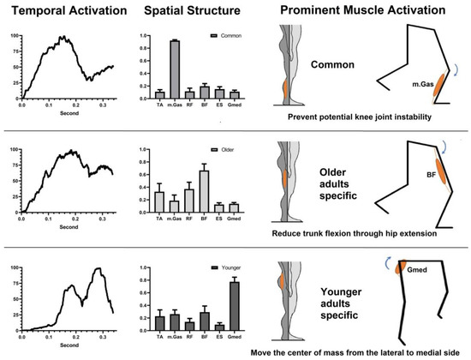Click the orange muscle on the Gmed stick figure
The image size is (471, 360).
tap(400, 268)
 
